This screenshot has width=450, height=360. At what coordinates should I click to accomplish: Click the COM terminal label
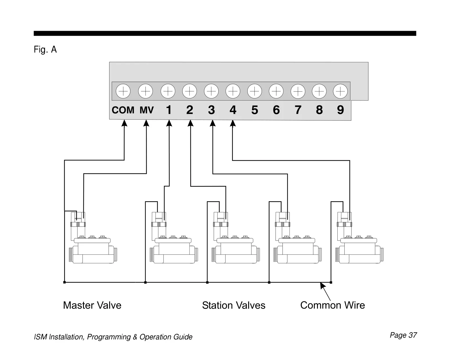pyautogui.click(x=123, y=110)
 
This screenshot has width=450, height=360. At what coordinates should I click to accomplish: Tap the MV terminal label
pyautogui.click(x=147, y=110)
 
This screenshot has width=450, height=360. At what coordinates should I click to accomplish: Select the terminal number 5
pyautogui.click(x=255, y=110)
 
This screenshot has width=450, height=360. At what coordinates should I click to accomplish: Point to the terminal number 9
pyautogui.click(x=341, y=110)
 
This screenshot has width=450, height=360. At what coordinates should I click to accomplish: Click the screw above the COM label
pyautogui.click(x=123, y=91)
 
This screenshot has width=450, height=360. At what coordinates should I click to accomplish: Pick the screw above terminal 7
pyautogui.click(x=298, y=91)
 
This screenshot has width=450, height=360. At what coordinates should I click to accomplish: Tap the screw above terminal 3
pyautogui.click(x=211, y=91)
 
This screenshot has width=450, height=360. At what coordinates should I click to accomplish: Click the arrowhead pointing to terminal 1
pyautogui.click(x=169, y=123)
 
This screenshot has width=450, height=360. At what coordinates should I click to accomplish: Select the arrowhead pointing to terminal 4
pyautogui.click(x=233, y=123)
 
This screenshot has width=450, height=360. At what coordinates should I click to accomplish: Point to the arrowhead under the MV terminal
pyautogui.click(x=146, y=123)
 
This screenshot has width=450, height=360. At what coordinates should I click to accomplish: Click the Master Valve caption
pyautogui.click(x=92, y=305)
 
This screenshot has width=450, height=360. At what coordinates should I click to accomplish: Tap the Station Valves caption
pyautogui.click(x=234, y=305)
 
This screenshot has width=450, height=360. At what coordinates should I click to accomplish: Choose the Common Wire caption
pyautogui.click(x=332, y=305)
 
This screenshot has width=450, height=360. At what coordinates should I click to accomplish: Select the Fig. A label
pyautogui.click(x=45, y=50)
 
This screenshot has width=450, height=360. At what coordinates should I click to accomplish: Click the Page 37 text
pyautogui.click(x=403, y=335)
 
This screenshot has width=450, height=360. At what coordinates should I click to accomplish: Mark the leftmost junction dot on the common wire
pyautogui.click(x=64, y=282)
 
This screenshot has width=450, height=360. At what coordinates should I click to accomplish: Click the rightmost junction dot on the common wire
pyautogui.click(x=331, y=282)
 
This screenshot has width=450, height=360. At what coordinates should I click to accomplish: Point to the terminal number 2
pyautogui.click(x=190, y=110)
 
